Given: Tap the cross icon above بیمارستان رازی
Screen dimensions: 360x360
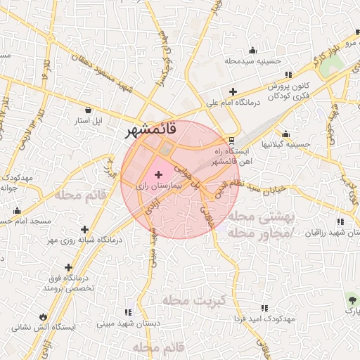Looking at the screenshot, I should point(157,174).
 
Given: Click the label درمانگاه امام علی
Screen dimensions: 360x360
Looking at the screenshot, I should point(233,103).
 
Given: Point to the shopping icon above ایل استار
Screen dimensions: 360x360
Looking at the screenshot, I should point(88,110).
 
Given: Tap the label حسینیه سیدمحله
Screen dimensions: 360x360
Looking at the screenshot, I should point(253,61).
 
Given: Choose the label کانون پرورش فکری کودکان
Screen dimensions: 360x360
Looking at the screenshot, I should point(289,90).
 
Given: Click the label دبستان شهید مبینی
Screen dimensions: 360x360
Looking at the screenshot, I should point(128,324).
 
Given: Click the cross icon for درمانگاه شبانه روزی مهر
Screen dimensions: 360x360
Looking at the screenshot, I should point(85,229).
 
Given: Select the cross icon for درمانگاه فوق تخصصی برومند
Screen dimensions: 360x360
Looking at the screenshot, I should point(68,267).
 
